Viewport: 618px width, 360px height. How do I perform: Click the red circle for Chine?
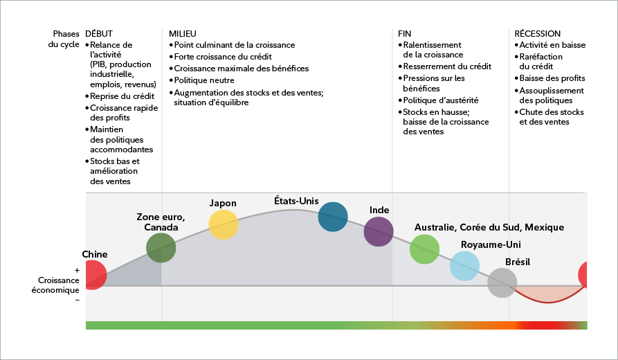pyautogui.click(x=93, y=274)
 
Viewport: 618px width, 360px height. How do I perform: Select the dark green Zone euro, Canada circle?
pyautogui.click(x=161, y=249)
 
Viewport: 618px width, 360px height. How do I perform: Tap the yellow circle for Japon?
pyautogui.click(x=224, y=224)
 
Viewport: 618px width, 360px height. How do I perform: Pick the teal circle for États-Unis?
pyautogui.click(x=333, y=217)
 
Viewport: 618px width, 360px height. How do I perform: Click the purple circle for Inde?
pyautogui.click(x=379, y=232)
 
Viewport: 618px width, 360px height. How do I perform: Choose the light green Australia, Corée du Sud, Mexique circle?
pyautogui.click(x=425, y=249)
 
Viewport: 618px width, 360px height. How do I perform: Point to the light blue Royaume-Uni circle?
pyautogui.click(x=464, y=266)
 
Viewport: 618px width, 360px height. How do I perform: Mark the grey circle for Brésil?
pyautogui.click(x=502, y=282)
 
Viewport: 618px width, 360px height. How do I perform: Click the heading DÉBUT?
pyautogui.click(x=98, y=33)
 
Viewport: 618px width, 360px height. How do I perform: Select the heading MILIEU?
pyautogui.click(x=183, y=33)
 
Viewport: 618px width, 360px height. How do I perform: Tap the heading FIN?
pyautogui.click(x=405, y=33)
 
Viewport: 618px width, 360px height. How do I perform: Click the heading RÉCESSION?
pyautogui.click(x=538, y=33)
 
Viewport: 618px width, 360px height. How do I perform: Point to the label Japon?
pyautogui.click(x=223, y=203)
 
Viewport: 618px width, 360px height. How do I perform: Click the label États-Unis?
pyautogui.click(x=296, y=201)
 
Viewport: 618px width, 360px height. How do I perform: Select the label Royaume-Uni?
pyautogui.click(x=491, y=244)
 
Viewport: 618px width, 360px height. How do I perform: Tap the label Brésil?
pyautogui.click(x=519, y=262)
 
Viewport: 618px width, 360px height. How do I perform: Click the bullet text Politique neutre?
pyautogui.click(x=206, y=80)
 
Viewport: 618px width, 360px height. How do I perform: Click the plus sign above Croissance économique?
pyautogui.click(x=77, y=271)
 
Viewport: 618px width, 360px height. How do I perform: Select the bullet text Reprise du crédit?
pyautogui.click(x=122, y=96)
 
